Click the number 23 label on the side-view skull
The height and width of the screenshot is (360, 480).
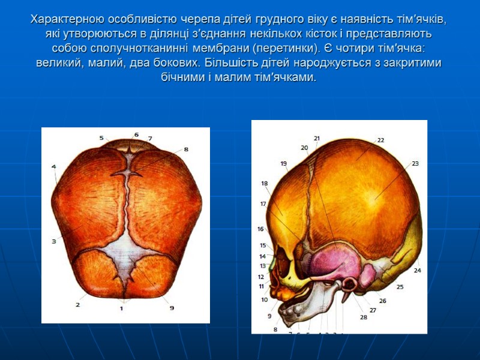(415, 163)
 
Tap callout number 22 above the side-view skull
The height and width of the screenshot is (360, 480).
(380, 140)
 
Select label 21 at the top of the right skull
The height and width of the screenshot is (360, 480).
(317, 138)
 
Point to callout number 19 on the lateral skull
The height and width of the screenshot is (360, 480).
(283, 163)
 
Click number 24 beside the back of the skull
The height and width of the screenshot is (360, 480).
(417, 271)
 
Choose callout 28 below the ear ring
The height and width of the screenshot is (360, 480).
(363, 317)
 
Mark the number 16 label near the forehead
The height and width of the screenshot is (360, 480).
(260, 229)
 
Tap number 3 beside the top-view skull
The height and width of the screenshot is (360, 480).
(53, 241)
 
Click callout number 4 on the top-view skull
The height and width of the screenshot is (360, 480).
(53, 166)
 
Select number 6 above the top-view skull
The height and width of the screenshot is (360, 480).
(136, 134)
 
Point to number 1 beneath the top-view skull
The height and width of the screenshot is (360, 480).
(121, 308)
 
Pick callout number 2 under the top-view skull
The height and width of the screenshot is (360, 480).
(77, 304)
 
